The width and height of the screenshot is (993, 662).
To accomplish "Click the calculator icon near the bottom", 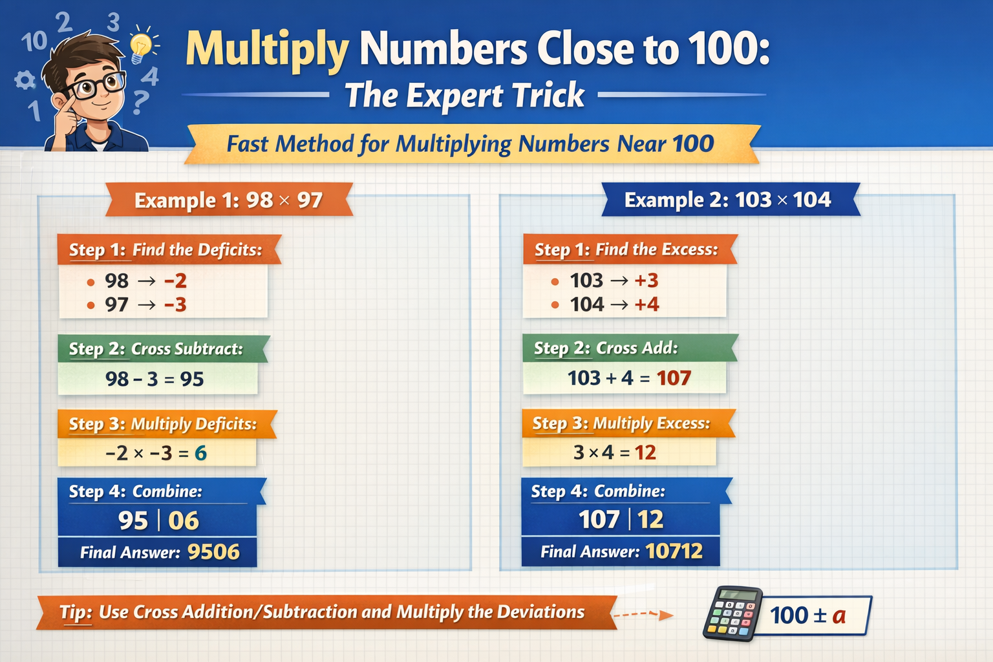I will coord(732,614).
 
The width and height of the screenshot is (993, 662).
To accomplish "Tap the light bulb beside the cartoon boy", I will coord(141,47).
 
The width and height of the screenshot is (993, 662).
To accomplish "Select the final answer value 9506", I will coord(213,552).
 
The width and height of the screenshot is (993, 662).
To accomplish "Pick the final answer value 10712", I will coord(674,551).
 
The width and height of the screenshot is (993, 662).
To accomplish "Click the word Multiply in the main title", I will coord(267,50).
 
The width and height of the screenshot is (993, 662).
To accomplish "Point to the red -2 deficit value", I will coord(175,281).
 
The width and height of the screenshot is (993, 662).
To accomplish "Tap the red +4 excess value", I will coord(646,304).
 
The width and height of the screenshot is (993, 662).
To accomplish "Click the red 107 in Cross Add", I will coord(674,378).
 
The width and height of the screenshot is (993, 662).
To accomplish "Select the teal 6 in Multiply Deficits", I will coord(200,453).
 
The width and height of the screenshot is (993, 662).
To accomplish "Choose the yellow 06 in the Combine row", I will coord(184,520).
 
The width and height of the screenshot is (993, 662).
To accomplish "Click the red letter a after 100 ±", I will coord(838,615).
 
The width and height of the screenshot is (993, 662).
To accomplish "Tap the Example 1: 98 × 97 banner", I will coord(228,200).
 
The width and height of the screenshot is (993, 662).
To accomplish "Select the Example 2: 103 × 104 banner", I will coord(727,200).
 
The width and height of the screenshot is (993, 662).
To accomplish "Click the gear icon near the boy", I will coord(25,81).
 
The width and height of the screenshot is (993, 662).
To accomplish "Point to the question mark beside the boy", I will coord(140,102).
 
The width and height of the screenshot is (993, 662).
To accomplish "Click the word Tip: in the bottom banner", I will coord(76,612).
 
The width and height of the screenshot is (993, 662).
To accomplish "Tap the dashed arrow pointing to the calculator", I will coord(643,614).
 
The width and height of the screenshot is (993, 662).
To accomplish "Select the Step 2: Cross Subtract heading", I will coord(156,349).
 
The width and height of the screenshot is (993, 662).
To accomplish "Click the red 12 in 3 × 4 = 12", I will coord(645,453).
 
